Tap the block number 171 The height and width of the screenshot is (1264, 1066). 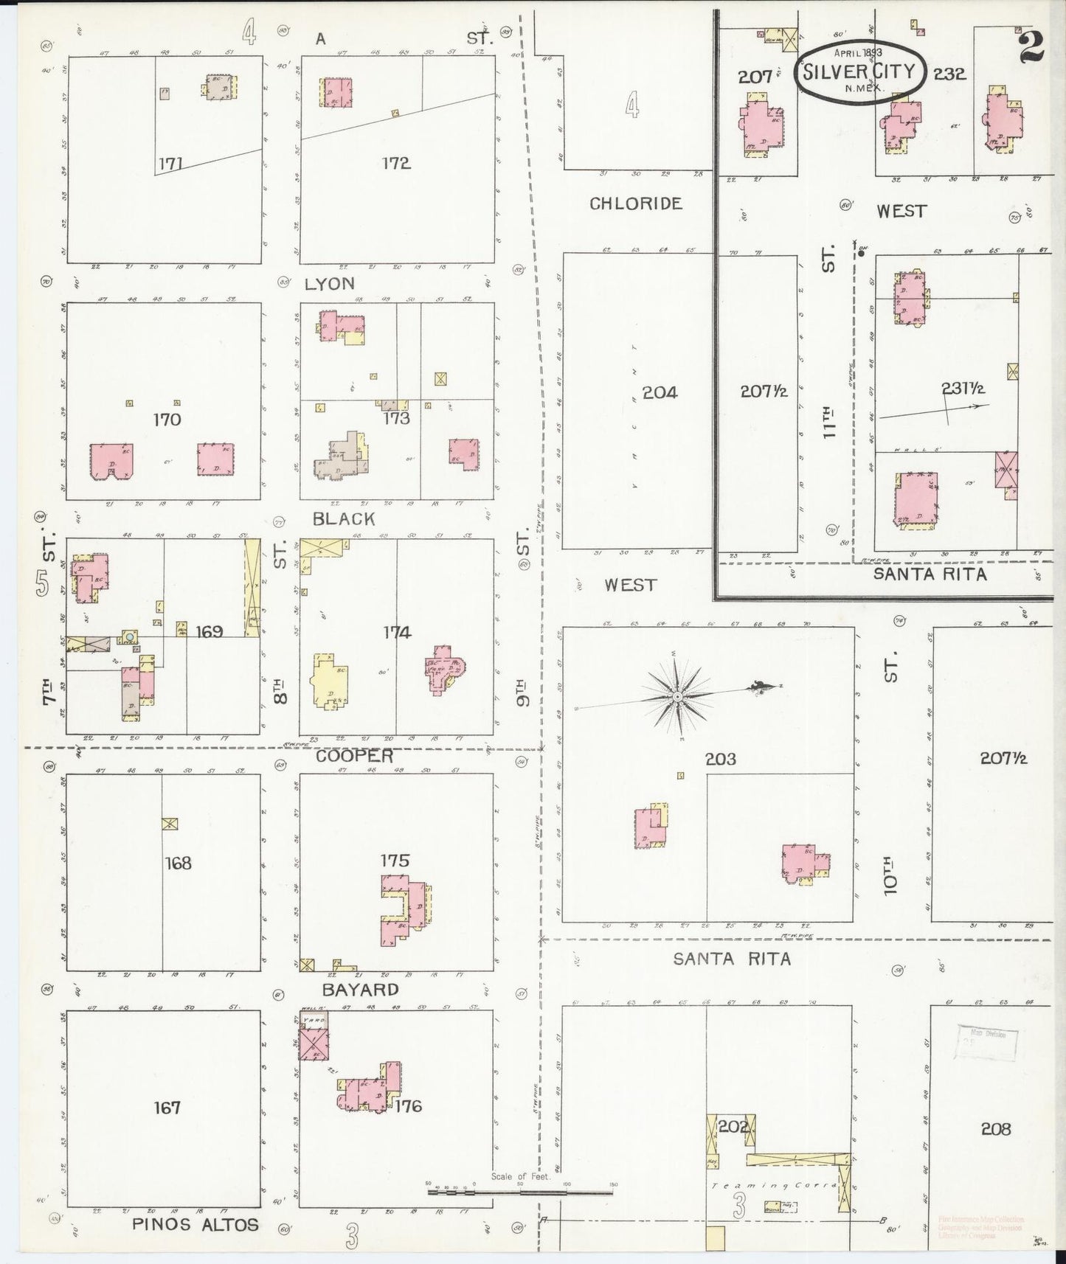170,163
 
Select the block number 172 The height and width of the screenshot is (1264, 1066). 396,163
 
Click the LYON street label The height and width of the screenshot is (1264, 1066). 330,284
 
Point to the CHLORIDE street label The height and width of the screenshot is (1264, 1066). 635,204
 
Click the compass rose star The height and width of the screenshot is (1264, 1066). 676,696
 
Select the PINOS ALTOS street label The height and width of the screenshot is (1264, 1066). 195,1225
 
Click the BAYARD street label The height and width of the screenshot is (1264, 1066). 361,989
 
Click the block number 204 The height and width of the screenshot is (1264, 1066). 660,392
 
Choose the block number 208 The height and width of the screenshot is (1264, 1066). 996,1128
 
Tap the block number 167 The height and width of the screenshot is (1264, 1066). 167,1108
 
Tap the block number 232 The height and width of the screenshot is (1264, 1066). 949,74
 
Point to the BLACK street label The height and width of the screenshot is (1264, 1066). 344,519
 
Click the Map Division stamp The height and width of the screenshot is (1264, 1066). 987,1041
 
